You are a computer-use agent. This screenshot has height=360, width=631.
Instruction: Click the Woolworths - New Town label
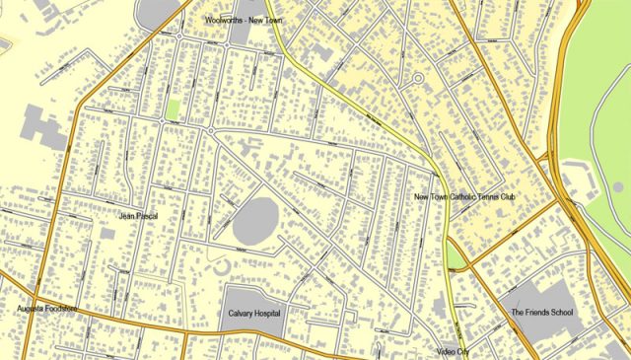click(244, 19)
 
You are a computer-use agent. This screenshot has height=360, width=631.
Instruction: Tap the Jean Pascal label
click(138, 216)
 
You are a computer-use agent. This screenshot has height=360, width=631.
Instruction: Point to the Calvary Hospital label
click(248, 314)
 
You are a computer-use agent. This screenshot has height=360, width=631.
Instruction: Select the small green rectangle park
click(174, 108)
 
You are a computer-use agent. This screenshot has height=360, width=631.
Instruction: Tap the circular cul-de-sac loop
click(417, 78)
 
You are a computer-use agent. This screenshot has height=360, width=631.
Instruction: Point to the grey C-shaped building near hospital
click(222, 264)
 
